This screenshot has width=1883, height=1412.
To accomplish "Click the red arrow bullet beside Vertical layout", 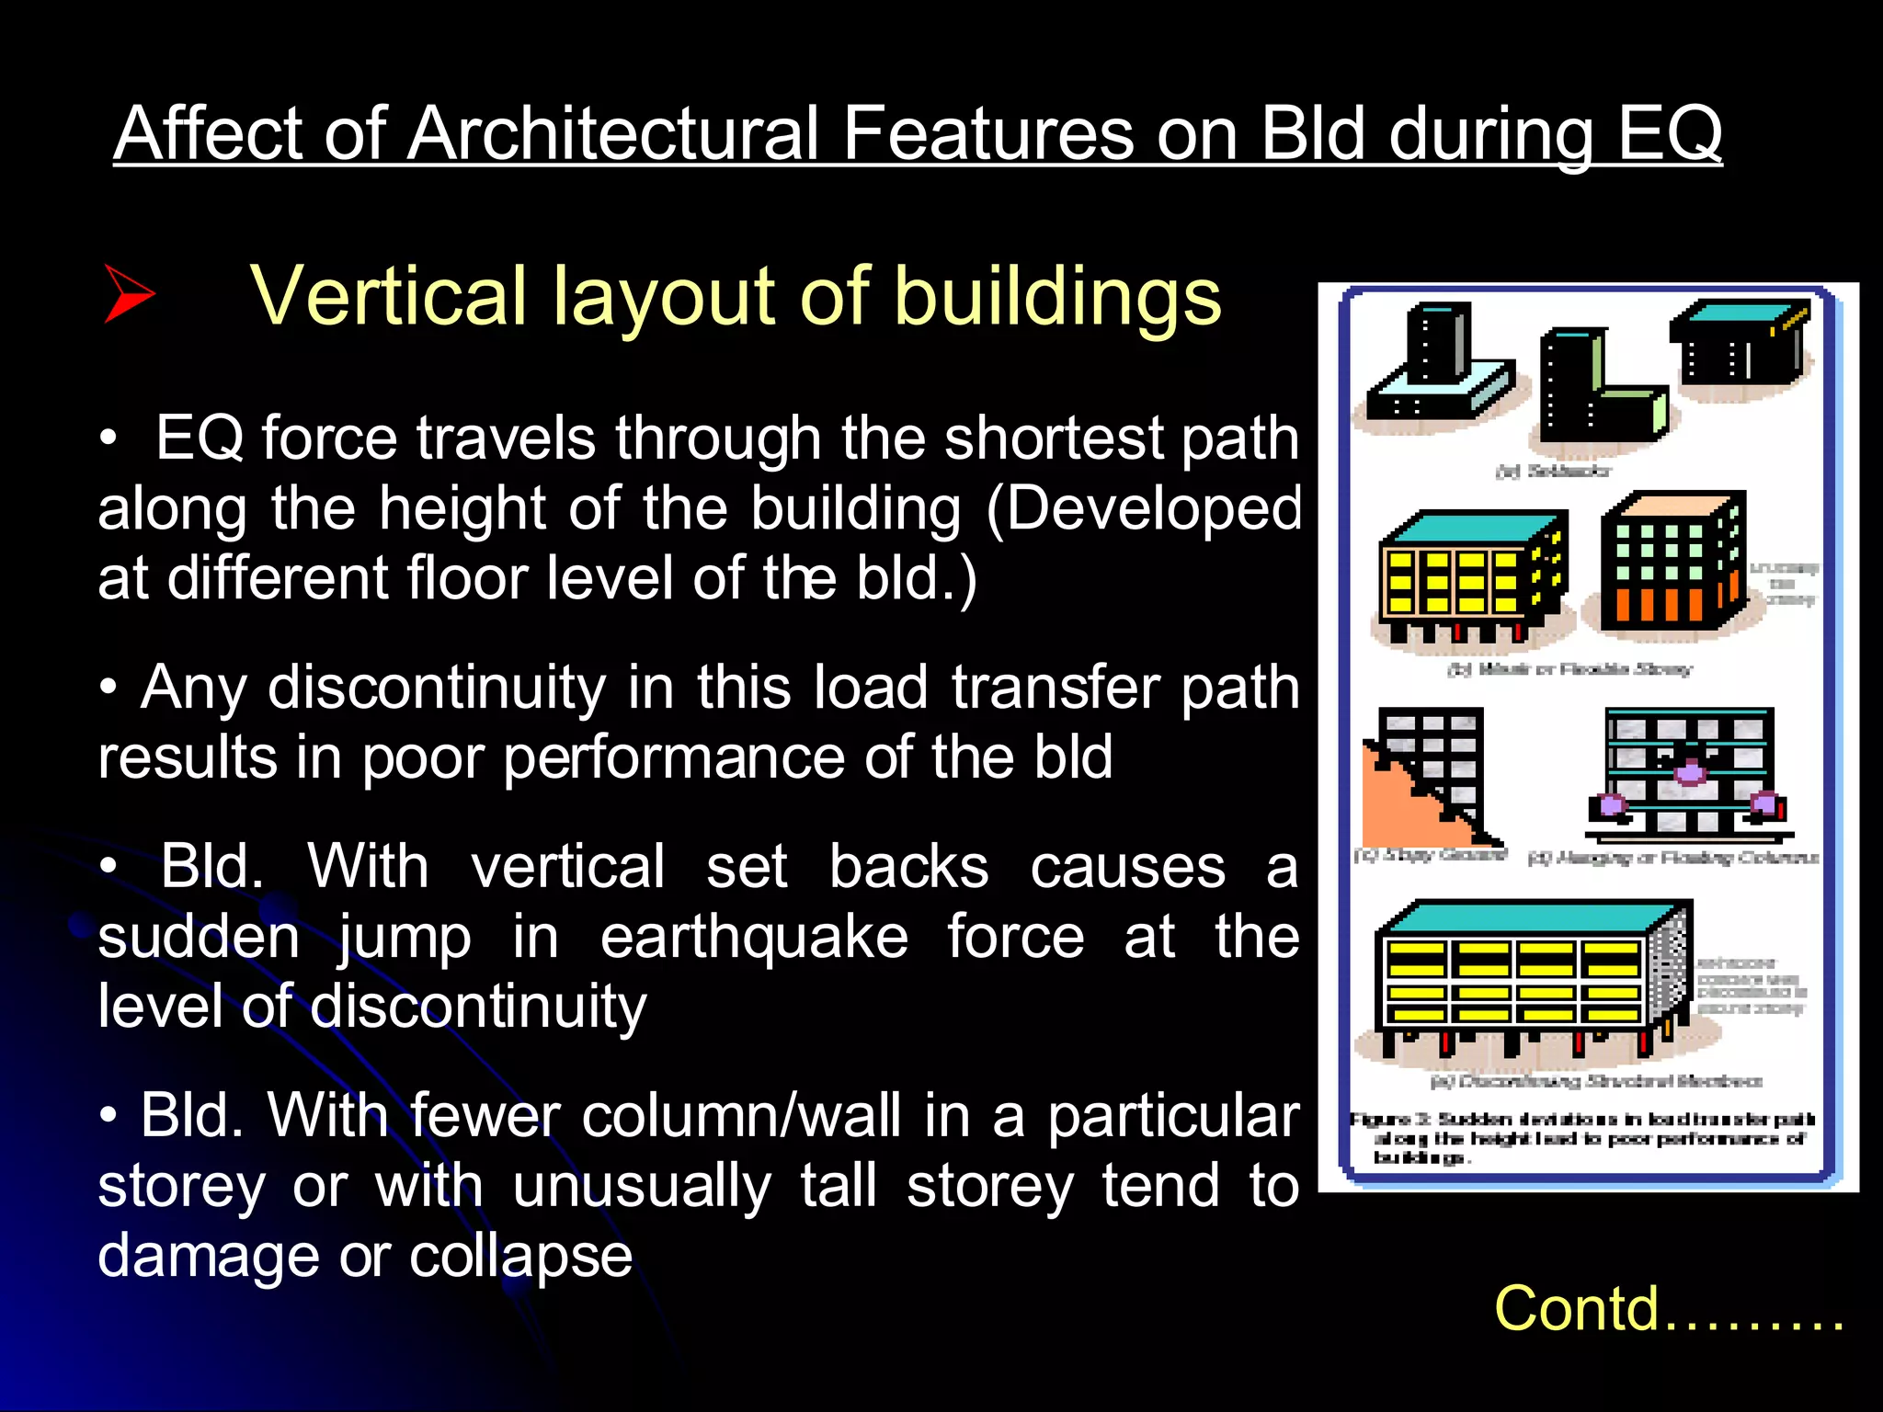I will point(128,294).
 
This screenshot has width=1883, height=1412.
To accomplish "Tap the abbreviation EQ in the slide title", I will point(1669,133).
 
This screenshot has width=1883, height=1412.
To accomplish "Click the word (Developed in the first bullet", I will point(1144,508).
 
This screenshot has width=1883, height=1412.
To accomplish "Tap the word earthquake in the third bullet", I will point(754,937).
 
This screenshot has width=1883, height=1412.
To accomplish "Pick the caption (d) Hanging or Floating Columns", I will point(1672,859).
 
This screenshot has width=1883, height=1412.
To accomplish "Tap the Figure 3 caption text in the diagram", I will point(1581,1138).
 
